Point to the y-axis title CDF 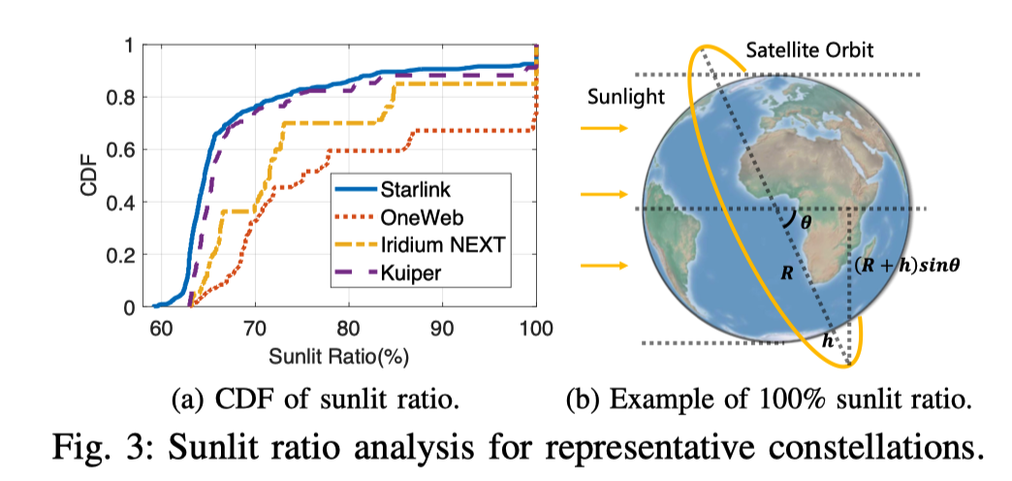point(89,176)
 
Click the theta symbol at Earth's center point(806,222)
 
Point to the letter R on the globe point(787,275)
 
